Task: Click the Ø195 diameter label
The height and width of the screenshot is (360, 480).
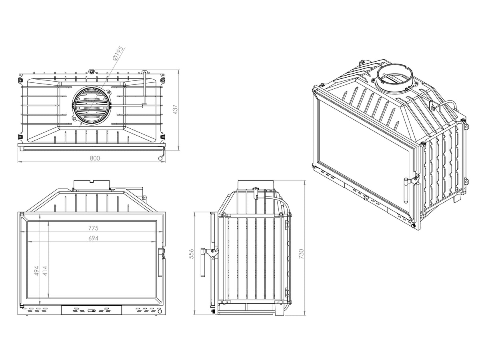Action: click(118, 54)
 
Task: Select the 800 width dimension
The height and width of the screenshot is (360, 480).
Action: click(95, 158)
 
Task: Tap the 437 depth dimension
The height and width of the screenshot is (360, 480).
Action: click(175, 109)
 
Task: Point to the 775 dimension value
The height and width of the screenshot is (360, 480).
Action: click(93, 228)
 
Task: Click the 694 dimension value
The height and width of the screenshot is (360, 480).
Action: click(93, 238)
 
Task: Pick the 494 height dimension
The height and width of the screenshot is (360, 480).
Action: click(36, 271)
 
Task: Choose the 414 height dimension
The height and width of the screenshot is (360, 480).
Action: click(45, 271)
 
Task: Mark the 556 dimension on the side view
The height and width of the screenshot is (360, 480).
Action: click(191, 254)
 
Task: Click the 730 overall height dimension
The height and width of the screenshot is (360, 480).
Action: click(301, 254)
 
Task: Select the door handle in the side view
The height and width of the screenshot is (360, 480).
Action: click(203, 262)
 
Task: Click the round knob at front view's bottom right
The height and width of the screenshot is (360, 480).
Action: click(160, 311)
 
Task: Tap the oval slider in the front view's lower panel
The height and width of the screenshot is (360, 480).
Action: click(92, 310)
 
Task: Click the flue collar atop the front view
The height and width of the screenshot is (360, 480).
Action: click(92, 185)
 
